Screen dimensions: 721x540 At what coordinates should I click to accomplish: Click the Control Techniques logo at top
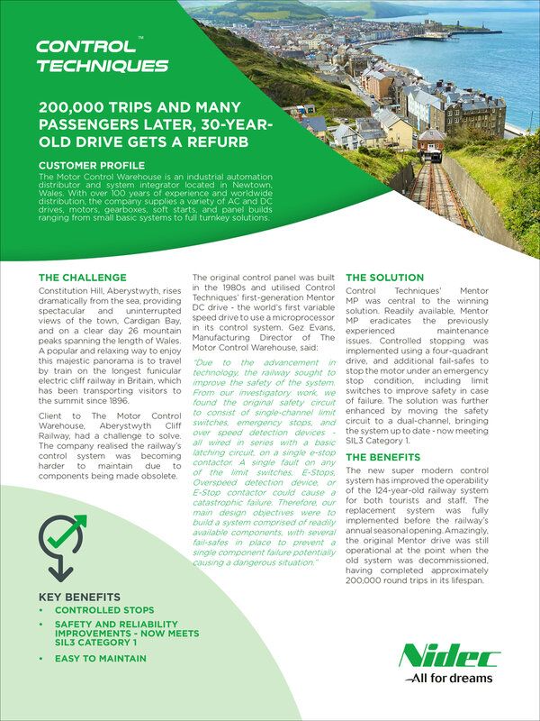[x=101, y=55]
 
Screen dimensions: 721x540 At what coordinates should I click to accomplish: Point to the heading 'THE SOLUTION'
[x=384, y=278]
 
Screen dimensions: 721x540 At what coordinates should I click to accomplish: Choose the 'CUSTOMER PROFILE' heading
[x=92, y=167]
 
